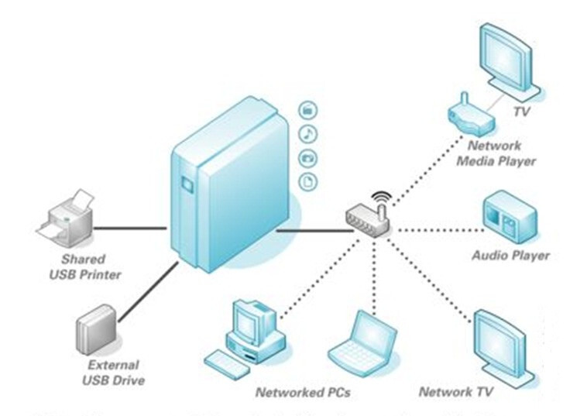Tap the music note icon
(307, 133)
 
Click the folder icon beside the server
(307, 109)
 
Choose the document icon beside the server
(307, 182)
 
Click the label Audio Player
(510, 255)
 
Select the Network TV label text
(457, 392)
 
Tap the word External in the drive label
(113, 365)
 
